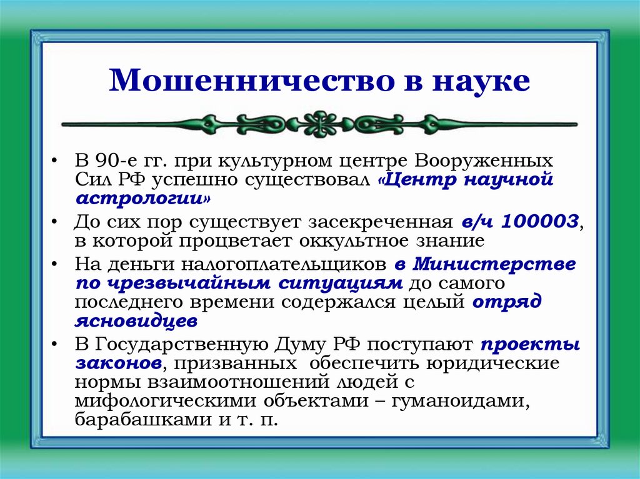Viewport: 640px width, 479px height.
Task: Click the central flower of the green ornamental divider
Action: [319, 124]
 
